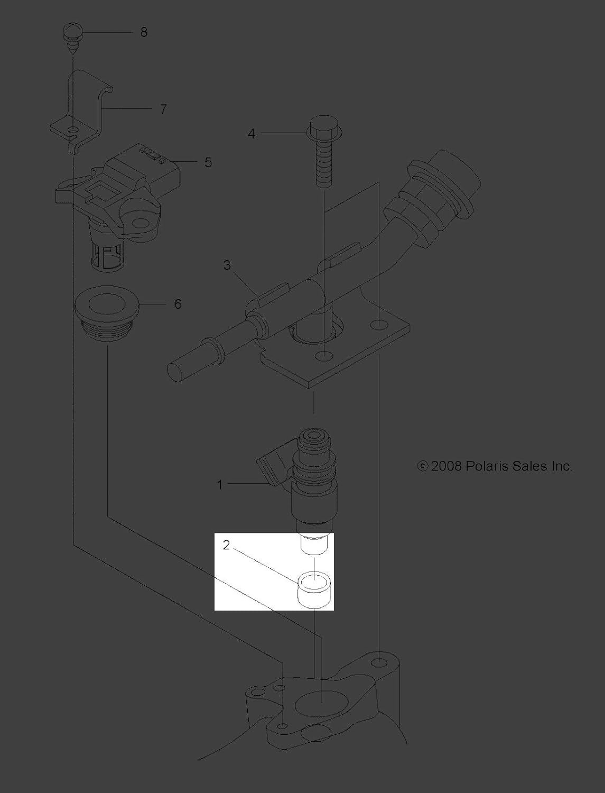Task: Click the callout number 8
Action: pos(144,32)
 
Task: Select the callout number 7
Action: pos(163,109)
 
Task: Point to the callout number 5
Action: pos(208,162)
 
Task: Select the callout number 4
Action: pos(252,134)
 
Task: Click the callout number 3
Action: pos(227,265)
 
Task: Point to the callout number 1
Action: pos(220,484)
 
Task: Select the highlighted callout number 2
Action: pos(226,546)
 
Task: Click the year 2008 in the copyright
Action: pos(446,466)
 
